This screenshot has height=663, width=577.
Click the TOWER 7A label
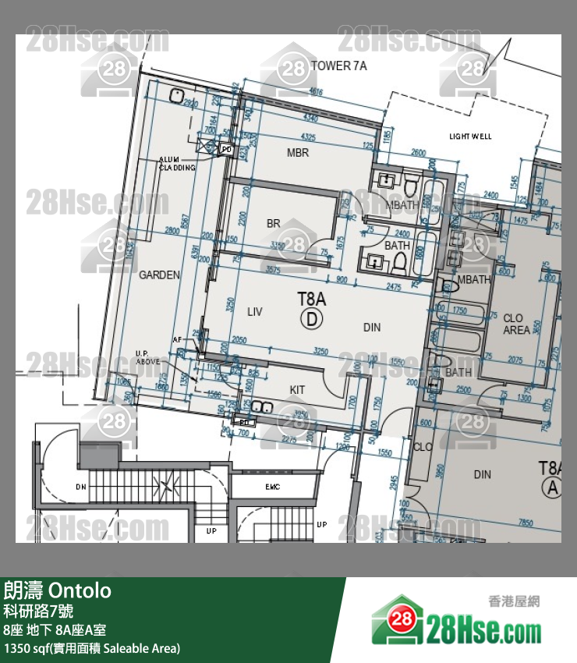pos(338,66)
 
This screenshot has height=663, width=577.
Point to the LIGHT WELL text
pos(470,136)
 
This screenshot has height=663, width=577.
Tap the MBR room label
pos(298,153)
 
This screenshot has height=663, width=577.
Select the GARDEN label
pos(159,275)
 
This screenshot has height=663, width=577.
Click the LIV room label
pos(254,312)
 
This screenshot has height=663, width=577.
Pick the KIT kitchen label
pos(297,390)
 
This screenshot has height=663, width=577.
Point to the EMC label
pos(272,487)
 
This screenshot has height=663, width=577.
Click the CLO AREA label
pos(516,324)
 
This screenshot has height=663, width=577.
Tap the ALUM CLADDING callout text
pos(177,162)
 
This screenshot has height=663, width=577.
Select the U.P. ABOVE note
pos(147,357)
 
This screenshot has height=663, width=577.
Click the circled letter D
pos(312,317)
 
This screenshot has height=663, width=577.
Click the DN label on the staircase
pos(80,487)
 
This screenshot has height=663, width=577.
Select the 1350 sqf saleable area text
pos(91,648)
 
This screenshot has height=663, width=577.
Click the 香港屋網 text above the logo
pos(514,601)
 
